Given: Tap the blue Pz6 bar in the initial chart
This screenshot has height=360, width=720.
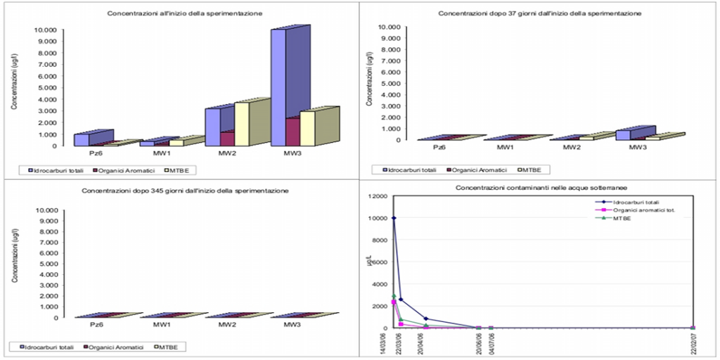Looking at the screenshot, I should pos(82,139).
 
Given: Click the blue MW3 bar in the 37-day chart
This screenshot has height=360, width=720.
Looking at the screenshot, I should pos(622,135).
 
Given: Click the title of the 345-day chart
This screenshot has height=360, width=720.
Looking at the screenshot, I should pos(186,191).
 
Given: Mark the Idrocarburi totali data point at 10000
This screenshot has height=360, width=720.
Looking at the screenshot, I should pos(394,218).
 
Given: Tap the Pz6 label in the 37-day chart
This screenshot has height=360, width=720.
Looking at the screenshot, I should pos(439,147).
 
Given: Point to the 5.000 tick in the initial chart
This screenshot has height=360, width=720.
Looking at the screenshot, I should pos(44,87).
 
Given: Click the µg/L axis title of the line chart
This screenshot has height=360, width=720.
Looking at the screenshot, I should pos(368,262).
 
